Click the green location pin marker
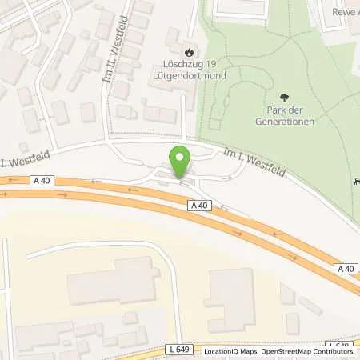pyautogui.click(x=181, y=161)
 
